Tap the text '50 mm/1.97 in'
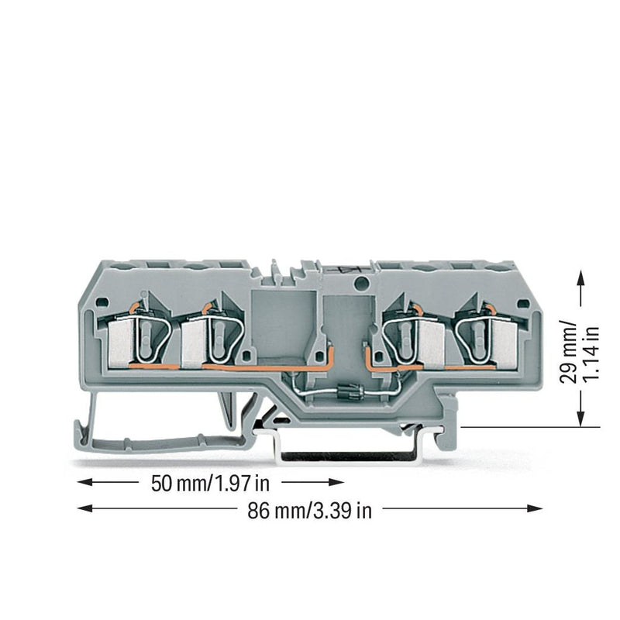[210, 483]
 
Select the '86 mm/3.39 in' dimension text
[309, 511]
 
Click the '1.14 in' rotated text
[591, 353]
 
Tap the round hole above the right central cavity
[360, 282]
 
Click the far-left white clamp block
[120, 343]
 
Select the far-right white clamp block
[505, 343]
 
